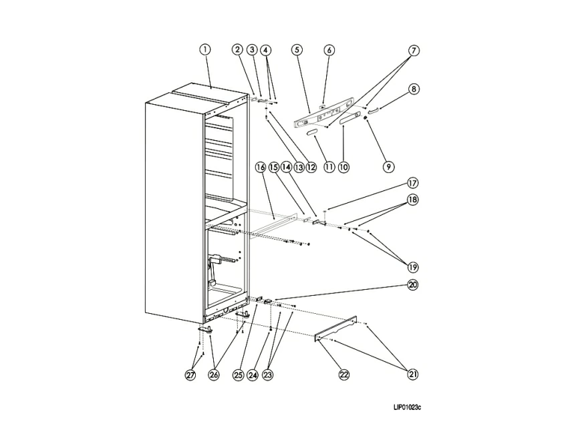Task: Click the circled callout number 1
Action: point(205,49)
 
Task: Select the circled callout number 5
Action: point(297,49)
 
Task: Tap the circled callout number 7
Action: point(414,50)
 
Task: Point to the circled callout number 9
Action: point(388,166)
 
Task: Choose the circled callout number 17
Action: point(413,183)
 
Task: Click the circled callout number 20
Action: point(413,285)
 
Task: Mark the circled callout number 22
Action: point(344,375)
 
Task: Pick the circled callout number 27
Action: point(190,375)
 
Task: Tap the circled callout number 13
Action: point(299,167)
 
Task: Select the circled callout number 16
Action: point(260,167)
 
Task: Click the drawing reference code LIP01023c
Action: point(407,407)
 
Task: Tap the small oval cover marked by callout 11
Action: point(311,133)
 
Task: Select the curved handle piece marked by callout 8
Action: point(372,110)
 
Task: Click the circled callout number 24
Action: point(253,375)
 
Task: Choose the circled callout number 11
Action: point(329,167)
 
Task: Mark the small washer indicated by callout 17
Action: point(325,211)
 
